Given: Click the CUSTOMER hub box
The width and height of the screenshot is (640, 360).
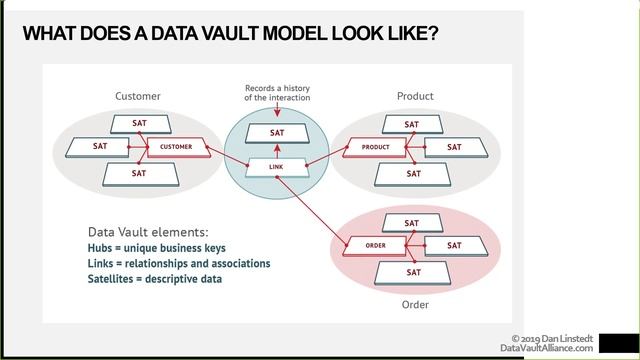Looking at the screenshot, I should tap(176, 147).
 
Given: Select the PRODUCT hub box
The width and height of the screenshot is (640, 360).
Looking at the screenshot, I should tap(377, 147).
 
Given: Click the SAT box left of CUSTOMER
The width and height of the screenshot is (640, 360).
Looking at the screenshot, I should tap(100, 147).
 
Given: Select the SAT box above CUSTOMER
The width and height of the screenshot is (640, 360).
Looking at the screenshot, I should tap(138, 123).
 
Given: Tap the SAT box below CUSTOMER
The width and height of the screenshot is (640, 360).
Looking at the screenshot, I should tap(138, 173).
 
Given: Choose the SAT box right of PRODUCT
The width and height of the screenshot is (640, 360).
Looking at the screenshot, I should tap(454, 147).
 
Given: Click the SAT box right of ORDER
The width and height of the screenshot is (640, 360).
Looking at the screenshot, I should tap(454, 245).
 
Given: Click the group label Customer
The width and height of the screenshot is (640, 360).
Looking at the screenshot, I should tap(138, 96).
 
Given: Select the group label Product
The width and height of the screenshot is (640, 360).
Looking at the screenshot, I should tap(414, 96).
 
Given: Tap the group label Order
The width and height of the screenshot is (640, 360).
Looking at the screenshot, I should tap(414, 304).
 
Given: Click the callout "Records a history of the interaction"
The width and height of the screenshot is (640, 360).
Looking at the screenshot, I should tap(277, 92).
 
